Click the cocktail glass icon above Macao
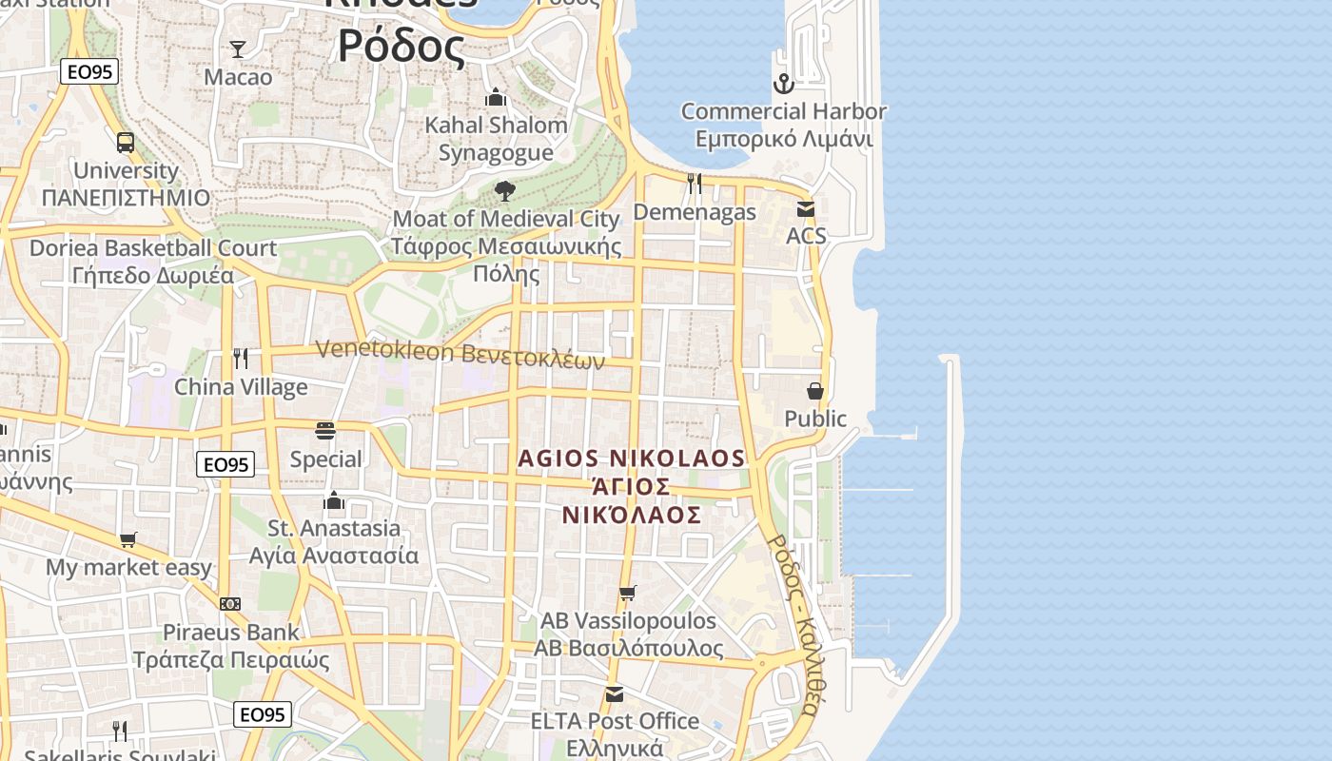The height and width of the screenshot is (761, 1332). [238, 49]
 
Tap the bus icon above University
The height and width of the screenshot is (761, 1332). [126, 143]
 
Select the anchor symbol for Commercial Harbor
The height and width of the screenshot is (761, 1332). [783, 84]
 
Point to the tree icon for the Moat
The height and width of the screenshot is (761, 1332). [505, 191]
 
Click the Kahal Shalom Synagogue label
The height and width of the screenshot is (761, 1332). [496, 139]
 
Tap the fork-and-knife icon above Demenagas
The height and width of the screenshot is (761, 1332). [695, 184]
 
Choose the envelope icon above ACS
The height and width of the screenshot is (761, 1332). [806, 209]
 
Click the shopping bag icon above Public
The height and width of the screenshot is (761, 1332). [815, 391]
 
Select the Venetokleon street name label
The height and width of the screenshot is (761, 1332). [460, 354]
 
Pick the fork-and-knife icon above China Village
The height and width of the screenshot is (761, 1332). [241, 359]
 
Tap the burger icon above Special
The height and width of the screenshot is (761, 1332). [325, 431]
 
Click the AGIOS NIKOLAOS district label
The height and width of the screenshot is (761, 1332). [632, 486]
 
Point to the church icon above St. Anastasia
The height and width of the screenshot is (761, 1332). [334, 500]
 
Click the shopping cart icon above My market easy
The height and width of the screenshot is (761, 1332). [128, 540]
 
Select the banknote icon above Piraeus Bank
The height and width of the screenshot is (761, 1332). [230, 604]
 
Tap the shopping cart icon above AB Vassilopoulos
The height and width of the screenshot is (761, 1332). [628, 594]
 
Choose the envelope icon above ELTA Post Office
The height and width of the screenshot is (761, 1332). [615, 694]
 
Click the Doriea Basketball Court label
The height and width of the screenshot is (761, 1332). [153, 262]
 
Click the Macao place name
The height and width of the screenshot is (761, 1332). [238, 77]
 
